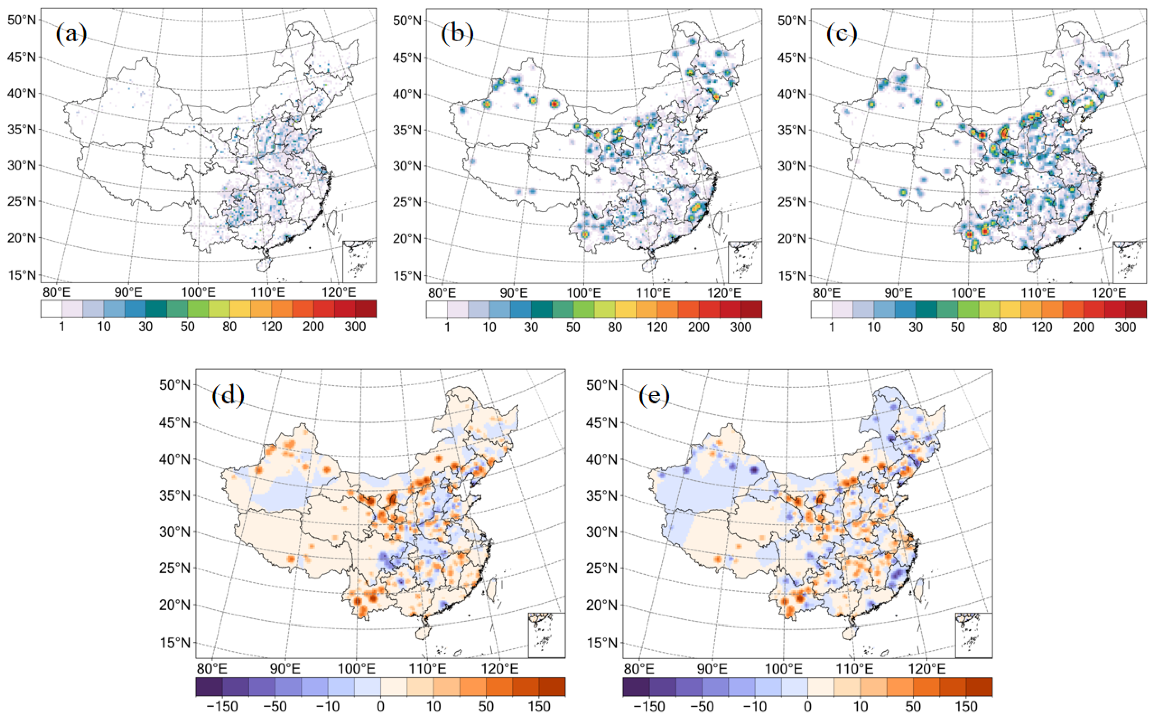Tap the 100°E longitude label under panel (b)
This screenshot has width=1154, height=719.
click(584, 292)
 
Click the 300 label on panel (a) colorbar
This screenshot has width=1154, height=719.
click(355, 327)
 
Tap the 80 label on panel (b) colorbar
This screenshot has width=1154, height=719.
click(615, 327)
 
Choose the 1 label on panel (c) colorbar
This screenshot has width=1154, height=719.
click(832, 327)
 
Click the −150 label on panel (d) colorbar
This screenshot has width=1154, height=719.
click(222, 706)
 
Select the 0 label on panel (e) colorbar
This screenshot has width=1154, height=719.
click(807, 706)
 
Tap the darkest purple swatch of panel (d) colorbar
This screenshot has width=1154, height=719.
click(209, 687)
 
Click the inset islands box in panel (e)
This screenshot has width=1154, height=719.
click(973, 635)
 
